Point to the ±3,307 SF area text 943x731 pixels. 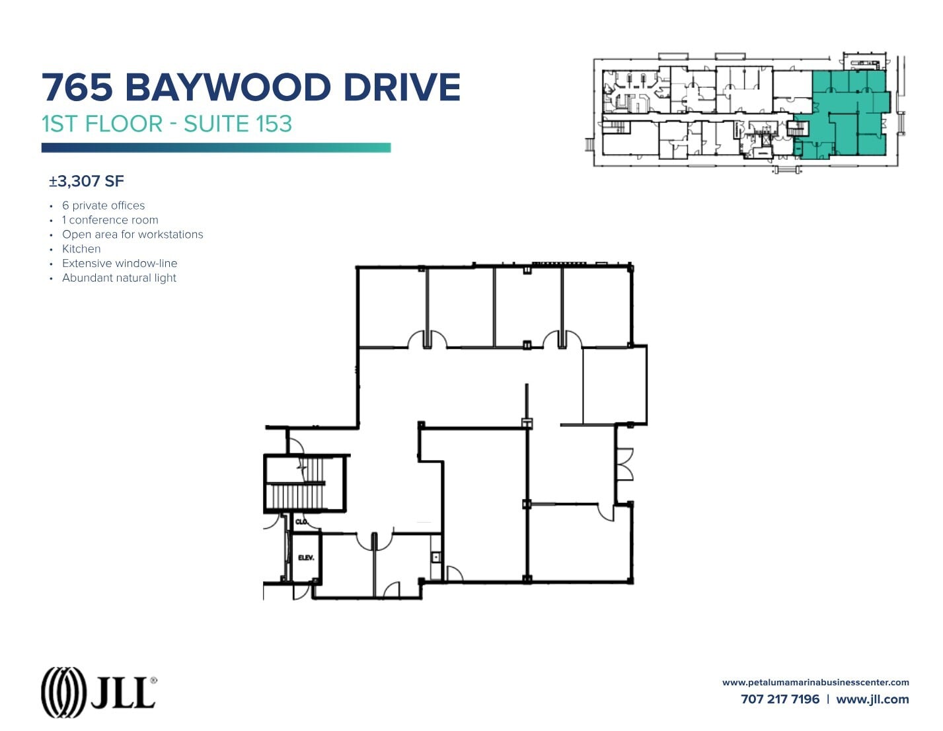point(87,181)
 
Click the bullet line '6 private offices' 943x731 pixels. point(103,206)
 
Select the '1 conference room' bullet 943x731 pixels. point(110,220)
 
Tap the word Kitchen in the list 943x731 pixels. point(81,249)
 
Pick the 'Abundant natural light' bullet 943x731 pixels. point(119,278)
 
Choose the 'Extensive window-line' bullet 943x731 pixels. point(120,264)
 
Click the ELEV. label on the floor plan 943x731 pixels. point(306,558)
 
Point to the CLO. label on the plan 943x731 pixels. point(301,522)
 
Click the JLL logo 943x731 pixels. point(98,692)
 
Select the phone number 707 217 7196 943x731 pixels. point(780,699)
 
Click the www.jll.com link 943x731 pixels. point(872,699)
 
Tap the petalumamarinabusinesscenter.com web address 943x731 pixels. point(815,682)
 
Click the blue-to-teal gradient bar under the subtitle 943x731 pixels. point(216,148)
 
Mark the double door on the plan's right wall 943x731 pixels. point(624,464)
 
